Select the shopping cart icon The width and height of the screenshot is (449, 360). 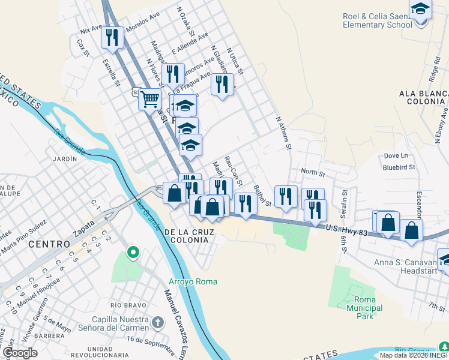[x=149, y=98]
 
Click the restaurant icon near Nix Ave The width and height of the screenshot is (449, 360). [x=113, y=37]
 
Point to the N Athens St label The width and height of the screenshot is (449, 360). [x=283, y=133]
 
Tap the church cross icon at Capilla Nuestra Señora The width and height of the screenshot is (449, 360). [x=157, y=323]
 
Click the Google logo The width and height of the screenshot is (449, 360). [x=20, y=352]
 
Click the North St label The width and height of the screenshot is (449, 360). [x=312, y=173]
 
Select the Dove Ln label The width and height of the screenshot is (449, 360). [x=396, y=156]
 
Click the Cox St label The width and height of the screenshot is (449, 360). [x=83, y=48]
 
